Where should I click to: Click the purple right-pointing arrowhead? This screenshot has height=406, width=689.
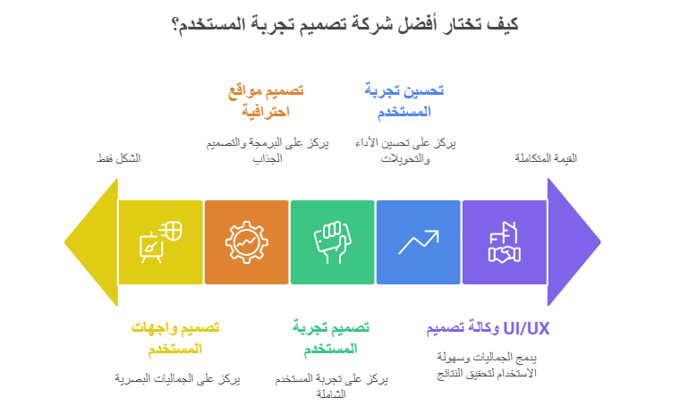573,241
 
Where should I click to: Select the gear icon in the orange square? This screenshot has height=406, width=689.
246,241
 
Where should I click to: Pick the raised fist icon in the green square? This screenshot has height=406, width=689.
332,241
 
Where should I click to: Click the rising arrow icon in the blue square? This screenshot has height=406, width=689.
418,241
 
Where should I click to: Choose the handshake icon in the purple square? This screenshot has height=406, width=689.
504,241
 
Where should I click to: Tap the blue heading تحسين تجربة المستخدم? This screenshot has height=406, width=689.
404,101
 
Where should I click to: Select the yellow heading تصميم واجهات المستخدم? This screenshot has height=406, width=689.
174,337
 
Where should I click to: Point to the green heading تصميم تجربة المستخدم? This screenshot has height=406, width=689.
331,337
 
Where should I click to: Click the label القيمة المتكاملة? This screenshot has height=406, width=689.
546,159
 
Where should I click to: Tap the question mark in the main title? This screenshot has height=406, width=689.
173,26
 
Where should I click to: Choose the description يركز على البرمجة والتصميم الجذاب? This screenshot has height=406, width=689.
263,150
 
